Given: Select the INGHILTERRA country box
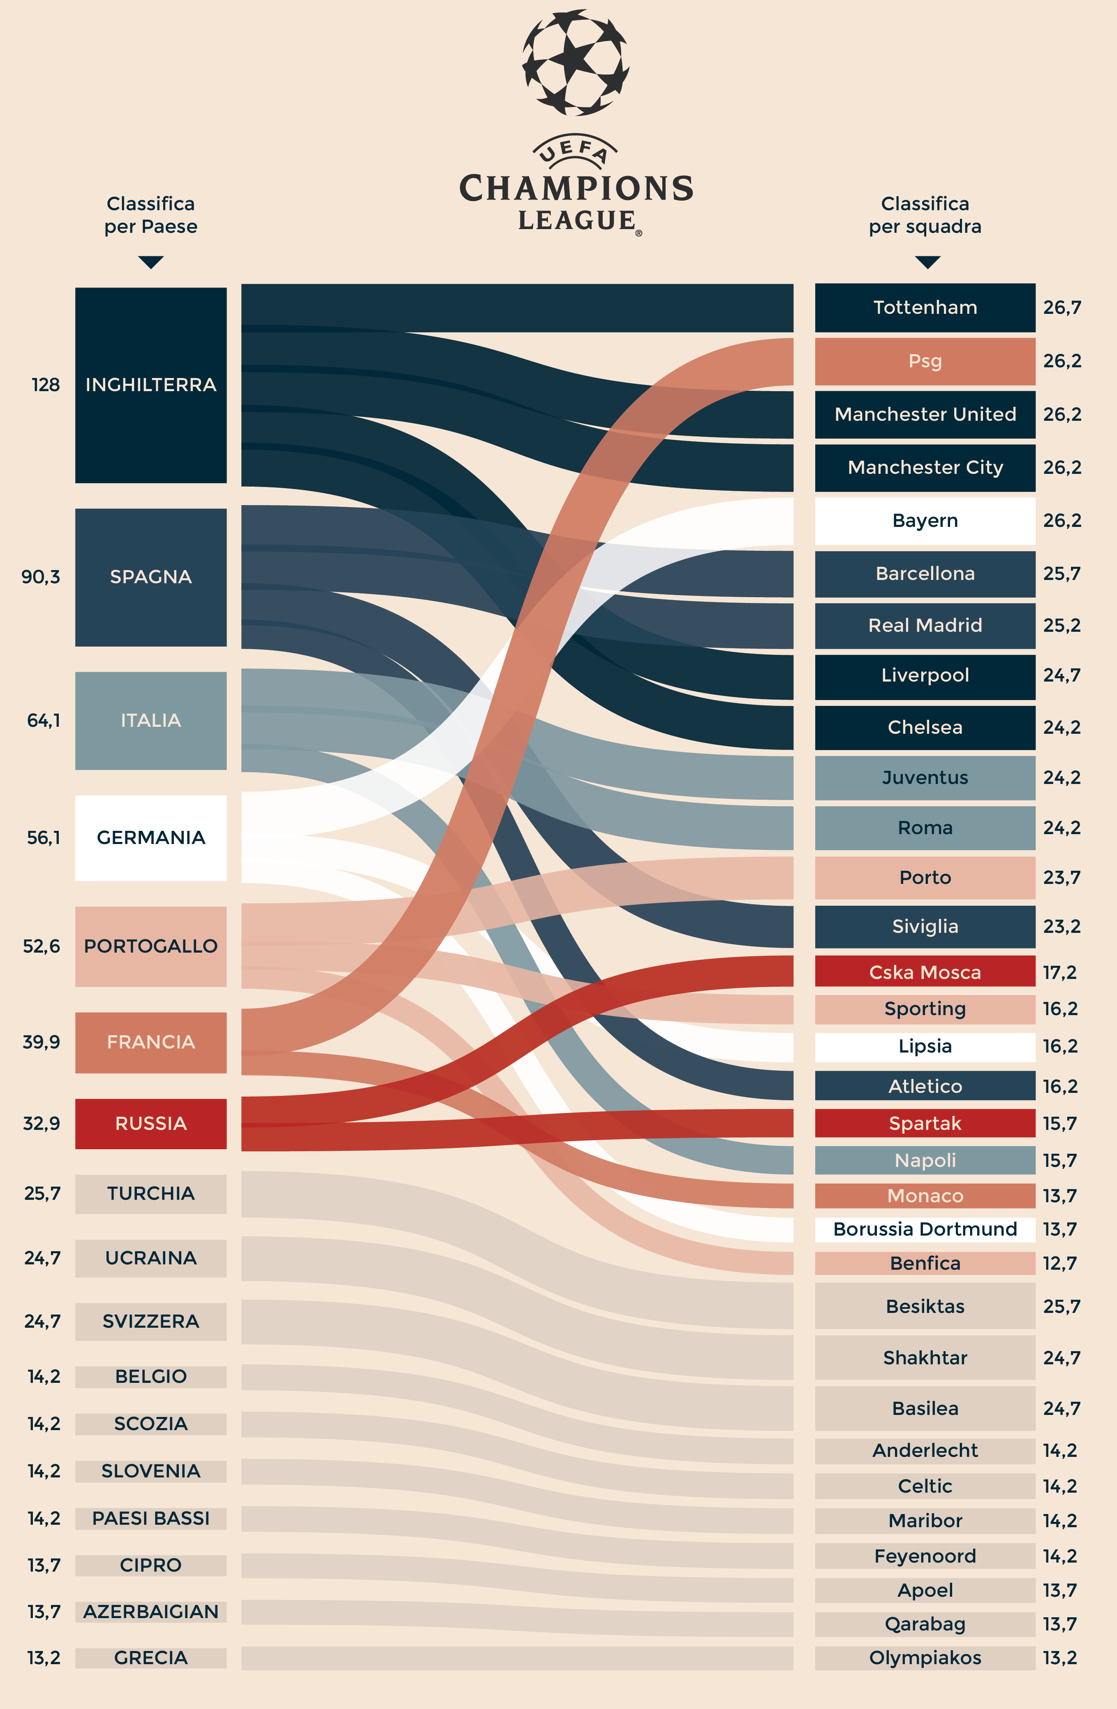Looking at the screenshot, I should tap(151, 385).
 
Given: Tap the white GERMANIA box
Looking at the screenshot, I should tap(151, 837).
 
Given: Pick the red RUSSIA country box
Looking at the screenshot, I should tap(151, 1123).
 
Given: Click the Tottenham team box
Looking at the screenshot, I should tap(925, 307).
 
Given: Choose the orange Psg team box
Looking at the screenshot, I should tap(925, 361).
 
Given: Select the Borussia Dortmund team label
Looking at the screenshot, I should tap(925, 1229).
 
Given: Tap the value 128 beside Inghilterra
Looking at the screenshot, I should tap(45, 385).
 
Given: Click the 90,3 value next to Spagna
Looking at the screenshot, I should tap(41, 577).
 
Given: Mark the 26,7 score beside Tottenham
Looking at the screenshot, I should tap(1062, 307).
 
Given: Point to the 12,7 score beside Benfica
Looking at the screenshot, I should tap(1059, 1263).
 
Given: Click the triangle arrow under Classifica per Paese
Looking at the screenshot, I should tap(151, 262).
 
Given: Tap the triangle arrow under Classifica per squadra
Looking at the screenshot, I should tap(927, 262).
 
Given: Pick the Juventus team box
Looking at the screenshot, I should tap(925, 778).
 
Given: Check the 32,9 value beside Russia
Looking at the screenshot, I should tap(42, 1123).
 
